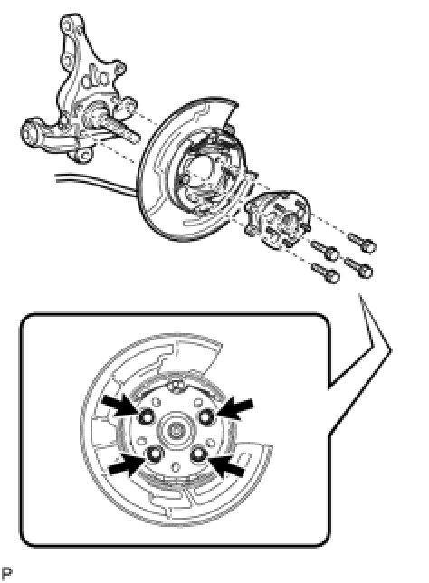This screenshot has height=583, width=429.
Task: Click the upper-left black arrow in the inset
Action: tap(120, 406)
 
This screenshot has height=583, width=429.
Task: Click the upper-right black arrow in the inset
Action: tap(235, 408)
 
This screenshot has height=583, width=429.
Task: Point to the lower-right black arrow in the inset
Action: tap(226, 466)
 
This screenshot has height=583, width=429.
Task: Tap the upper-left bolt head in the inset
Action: tap(146, 416)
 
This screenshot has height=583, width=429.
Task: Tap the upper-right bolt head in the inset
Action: tap(205, 416)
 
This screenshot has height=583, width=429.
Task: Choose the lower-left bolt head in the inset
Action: tap(154, 454)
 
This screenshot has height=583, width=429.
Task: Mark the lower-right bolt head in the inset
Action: tap(198, 454)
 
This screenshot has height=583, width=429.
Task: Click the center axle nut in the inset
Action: tap(175, 431)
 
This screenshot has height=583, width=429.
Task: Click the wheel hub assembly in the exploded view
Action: tap(277, 219)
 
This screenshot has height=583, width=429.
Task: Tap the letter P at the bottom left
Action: tap(7, 573)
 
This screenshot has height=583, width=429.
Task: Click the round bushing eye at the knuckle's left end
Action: tap(31, 133)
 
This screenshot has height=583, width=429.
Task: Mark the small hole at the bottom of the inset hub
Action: tap(176, 466)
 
